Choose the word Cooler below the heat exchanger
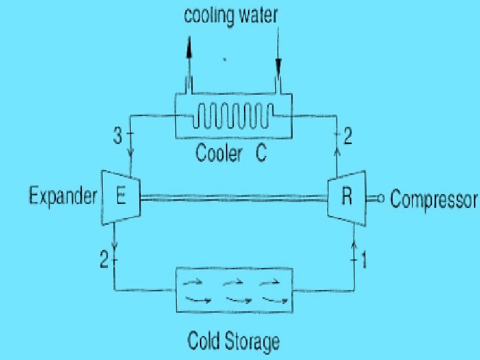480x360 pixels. pos(219,154)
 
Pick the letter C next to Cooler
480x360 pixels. pos(261,154)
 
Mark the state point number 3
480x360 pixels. pos(117,137)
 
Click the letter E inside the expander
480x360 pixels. pos(121,196)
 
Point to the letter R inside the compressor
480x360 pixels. pos(347,197)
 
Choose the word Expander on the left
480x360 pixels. pos(63,197)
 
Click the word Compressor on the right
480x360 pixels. pos(434,199)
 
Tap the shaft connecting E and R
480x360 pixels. pos(233,197)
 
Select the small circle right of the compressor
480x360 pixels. pos(381,197)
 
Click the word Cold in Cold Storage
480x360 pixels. pos(202,343)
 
